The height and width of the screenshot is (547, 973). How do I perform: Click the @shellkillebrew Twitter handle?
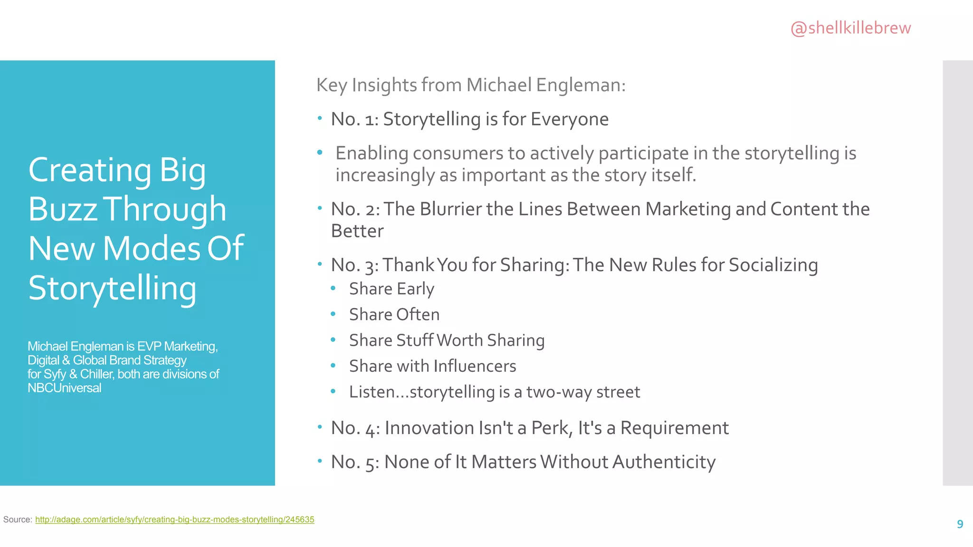point(850,28)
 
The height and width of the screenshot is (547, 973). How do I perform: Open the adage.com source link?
point(174,519)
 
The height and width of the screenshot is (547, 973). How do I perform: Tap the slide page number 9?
point(960,524)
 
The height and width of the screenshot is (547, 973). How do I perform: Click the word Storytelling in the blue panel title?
point(112,288)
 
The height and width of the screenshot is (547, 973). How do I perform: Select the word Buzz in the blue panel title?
point(63,209)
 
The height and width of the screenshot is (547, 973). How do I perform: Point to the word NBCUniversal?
point(64,388)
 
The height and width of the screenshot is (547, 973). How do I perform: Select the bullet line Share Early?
point(391,289)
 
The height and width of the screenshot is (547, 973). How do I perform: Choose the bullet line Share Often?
point(394,314)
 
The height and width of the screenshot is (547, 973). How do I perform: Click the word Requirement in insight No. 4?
point(674,428)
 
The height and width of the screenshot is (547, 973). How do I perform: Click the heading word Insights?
point(384,85)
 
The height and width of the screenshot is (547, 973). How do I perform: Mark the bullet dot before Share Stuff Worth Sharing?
point(333,340)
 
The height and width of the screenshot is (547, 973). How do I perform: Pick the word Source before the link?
point(17,519)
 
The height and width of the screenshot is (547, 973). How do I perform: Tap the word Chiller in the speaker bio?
point(96,374)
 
